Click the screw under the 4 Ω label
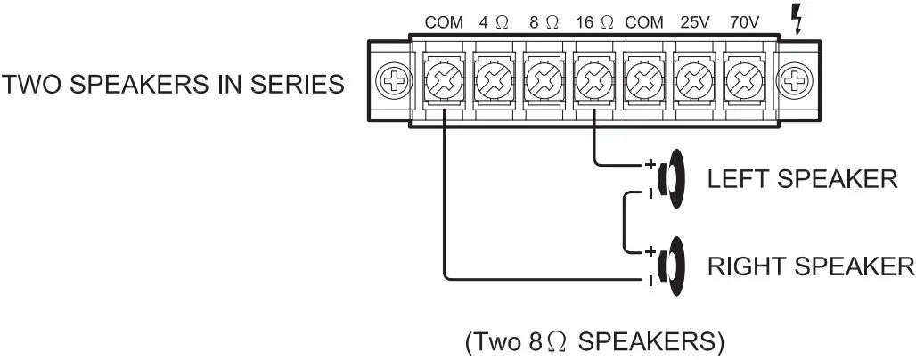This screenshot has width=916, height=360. [x=493, y=84]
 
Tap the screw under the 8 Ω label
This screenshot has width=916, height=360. [x=543, y=84]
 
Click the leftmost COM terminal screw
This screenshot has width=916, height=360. [x=443, y=84]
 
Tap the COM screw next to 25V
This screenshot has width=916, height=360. [x=642, y=84]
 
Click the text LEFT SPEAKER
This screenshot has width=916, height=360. [x=801, y=179]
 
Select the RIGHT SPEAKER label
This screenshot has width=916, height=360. [x=809, y=266]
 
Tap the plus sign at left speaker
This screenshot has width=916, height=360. [x=650, y=165]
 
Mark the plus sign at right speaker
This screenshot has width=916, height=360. [x=650, y=251]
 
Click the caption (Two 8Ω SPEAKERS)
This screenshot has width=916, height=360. [x=593, y=341]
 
